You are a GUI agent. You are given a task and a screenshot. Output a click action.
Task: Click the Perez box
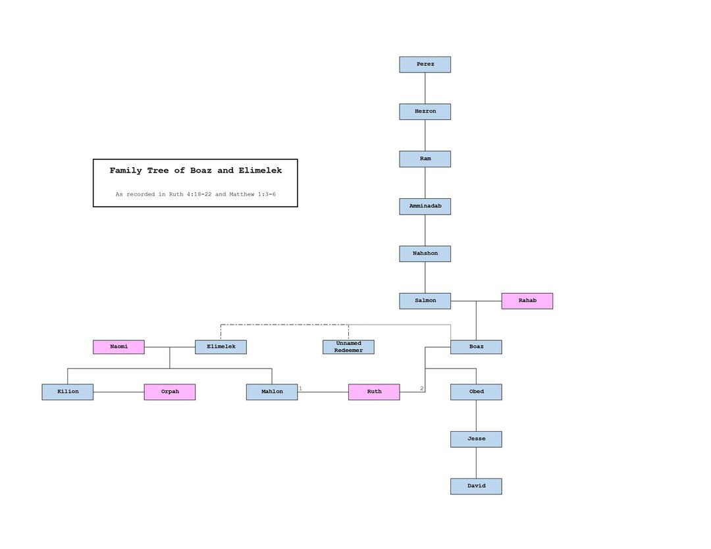pos(425,65)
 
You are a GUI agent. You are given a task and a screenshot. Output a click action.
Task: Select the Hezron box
pos(425,111)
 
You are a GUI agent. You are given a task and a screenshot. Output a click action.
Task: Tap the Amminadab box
pos(425,206)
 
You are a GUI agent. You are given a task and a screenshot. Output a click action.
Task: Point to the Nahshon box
pos(425,254)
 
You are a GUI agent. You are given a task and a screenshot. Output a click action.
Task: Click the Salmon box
pos(425,301)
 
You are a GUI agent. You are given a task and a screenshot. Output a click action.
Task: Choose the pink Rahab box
pos(527,301)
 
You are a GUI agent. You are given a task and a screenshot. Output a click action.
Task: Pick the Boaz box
pos(476,347)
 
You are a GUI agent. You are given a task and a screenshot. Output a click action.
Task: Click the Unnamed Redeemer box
pos(348,347)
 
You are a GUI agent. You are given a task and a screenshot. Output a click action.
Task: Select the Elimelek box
pos(221,347)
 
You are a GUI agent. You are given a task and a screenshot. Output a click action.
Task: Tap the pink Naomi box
pos(118,347)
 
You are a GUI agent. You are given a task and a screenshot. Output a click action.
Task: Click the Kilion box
pos(68,392)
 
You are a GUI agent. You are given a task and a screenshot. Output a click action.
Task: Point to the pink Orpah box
pos(170,392)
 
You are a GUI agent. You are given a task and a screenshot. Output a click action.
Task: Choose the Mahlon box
pos(272,392)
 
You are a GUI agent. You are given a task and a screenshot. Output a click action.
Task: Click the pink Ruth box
pos(374,392)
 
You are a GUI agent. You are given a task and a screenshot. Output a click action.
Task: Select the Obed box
pos(476,392)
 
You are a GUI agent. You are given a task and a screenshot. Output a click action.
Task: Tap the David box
pos(476,486)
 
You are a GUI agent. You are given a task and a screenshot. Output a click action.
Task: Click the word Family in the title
pos(126,170)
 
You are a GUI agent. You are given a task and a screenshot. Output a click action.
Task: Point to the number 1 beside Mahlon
pos(300,388)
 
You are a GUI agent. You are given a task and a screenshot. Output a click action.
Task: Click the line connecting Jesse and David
pos(476,463)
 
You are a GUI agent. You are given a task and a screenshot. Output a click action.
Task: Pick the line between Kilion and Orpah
pos(118,392)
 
